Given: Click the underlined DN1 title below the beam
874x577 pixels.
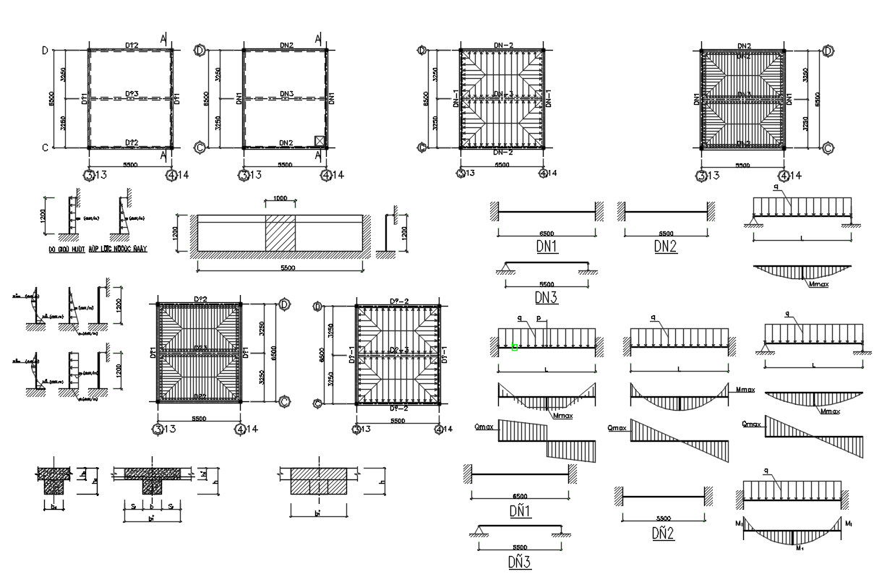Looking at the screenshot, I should click(547, 247).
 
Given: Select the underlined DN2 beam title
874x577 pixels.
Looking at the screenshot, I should click(666, 247).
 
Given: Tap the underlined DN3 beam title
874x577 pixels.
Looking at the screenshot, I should click(547, 297).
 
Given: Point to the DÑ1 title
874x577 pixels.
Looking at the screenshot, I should click(519, 512).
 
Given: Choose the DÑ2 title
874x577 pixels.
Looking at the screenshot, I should click(662, 534).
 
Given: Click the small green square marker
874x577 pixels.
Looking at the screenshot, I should click(514, 347).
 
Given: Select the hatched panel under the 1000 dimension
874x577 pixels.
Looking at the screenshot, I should click(280, 233).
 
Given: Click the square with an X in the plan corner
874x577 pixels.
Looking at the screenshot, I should click(320, 140).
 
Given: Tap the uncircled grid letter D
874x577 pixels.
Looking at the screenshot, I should click(45, 51).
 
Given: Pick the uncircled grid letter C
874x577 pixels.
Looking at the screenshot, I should click(45, 148).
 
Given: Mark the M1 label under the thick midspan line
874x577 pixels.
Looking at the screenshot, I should click(798, 549).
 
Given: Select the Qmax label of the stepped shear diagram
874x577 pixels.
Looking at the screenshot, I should click(484, 427).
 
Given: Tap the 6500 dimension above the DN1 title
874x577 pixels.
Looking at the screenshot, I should click(547, 234).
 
